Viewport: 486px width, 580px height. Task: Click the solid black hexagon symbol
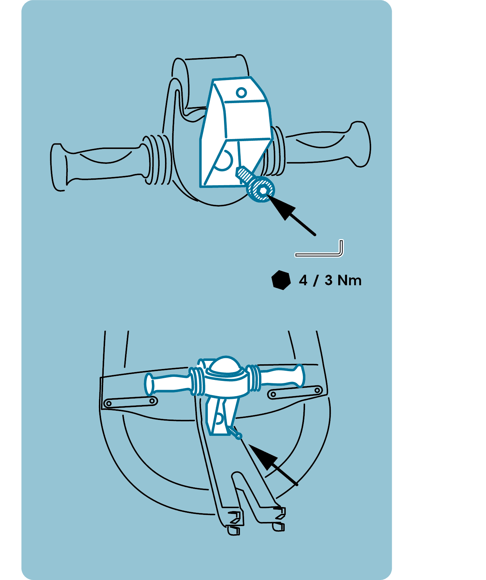point(281,280)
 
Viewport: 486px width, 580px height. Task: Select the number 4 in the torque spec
point(303,281)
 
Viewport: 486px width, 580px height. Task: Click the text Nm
point(349,281)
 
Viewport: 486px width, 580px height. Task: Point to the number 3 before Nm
point(328,281)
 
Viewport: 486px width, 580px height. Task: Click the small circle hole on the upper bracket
point(241,92)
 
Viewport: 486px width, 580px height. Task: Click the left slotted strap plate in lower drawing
point(130,402)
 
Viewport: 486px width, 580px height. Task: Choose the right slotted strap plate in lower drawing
point(295,392)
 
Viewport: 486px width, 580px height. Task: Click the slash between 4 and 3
point(316,281)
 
